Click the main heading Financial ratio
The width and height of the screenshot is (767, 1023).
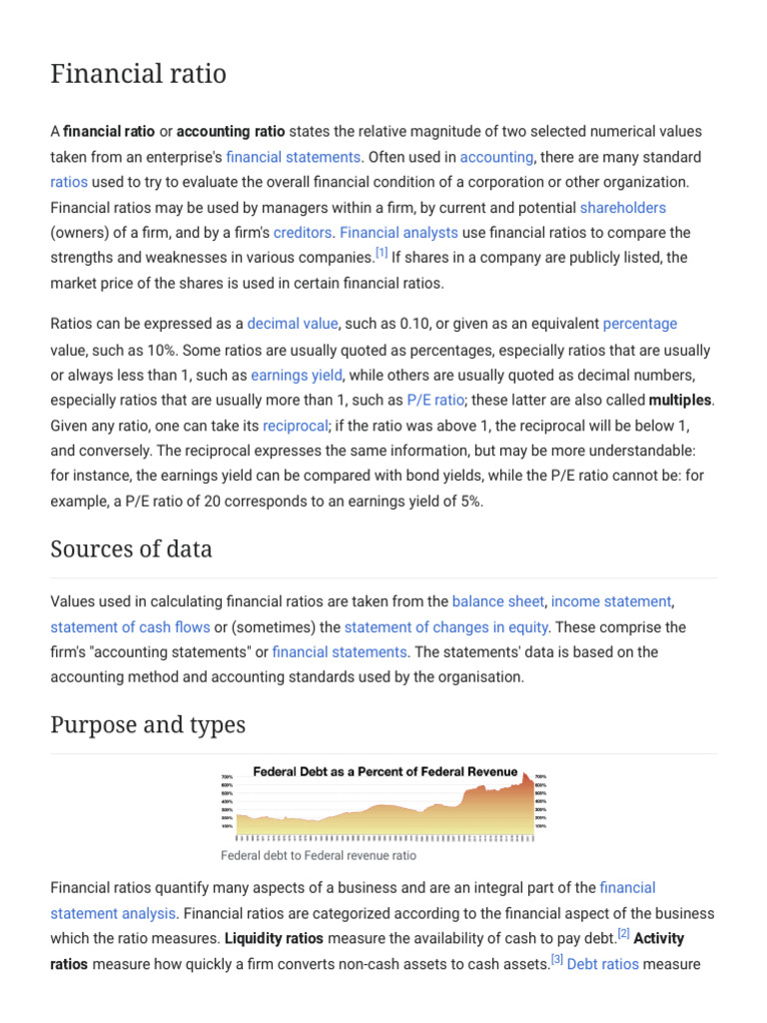tap(138, 74)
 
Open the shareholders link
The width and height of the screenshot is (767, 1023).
tap(622, 208)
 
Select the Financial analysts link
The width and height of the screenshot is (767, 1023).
tap(398, 233)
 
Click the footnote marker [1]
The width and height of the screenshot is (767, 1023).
tap(382, 254)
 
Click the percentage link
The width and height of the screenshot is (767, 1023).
tap(639, 324)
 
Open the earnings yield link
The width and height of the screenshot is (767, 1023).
tap(297, 376)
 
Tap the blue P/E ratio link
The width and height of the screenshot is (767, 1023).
tap(435, 401)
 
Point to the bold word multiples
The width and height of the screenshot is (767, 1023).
tap(680, 401)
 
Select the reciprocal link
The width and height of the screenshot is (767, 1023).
tap(294, 426)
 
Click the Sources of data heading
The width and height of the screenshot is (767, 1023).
tap(131, 549)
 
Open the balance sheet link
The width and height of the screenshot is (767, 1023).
tap(497, 601)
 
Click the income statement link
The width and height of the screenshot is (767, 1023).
tap(611, 601)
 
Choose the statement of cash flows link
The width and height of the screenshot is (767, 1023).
tap(130, 627)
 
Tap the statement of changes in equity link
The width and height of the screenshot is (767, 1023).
tap(445, 627)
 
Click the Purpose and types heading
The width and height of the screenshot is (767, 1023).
tap(148, 724)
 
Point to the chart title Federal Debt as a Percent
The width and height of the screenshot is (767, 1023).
tap(385, 771)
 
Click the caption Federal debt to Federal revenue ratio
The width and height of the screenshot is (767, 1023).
tap(318, 856)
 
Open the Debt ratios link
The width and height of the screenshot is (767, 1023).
tap(602, 965)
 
